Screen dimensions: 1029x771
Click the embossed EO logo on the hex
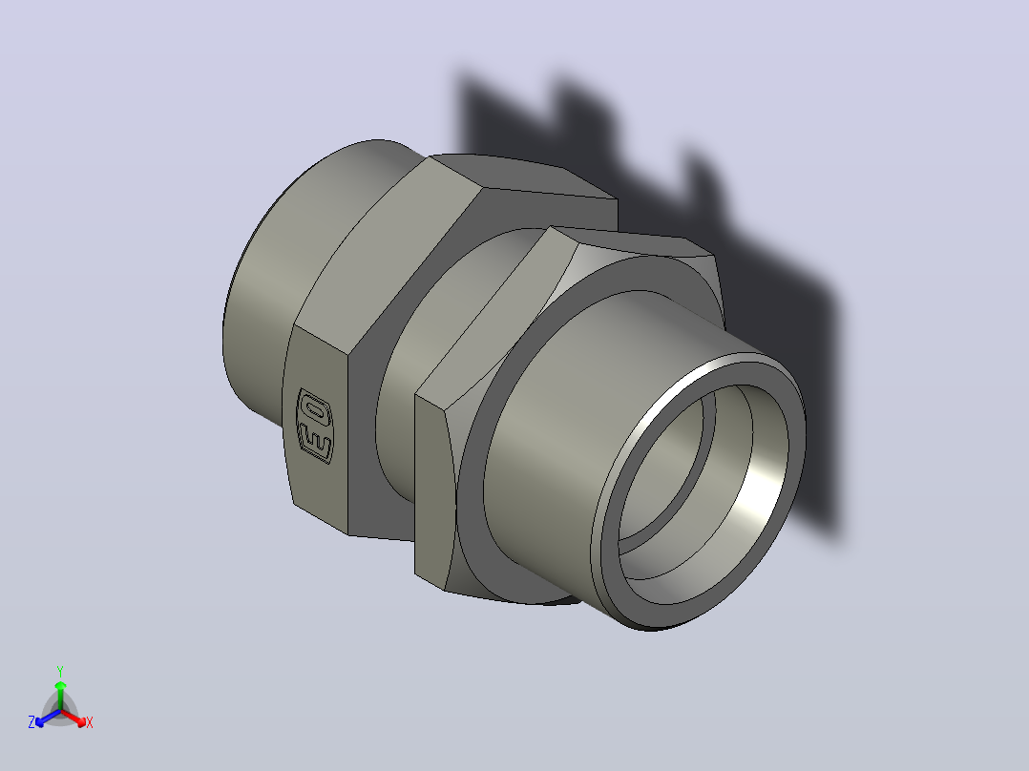(315, 426)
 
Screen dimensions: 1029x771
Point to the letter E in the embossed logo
(315, 442)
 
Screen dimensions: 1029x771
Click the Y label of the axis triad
(60, 671)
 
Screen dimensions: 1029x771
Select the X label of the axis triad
(90, 722)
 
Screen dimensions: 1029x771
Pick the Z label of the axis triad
(31, 722)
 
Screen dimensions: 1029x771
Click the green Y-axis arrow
(60, 695)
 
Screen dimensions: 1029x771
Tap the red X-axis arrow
(73, 718)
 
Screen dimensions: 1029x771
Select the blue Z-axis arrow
(48, 718)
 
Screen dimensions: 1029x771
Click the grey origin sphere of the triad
(60, 710)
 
